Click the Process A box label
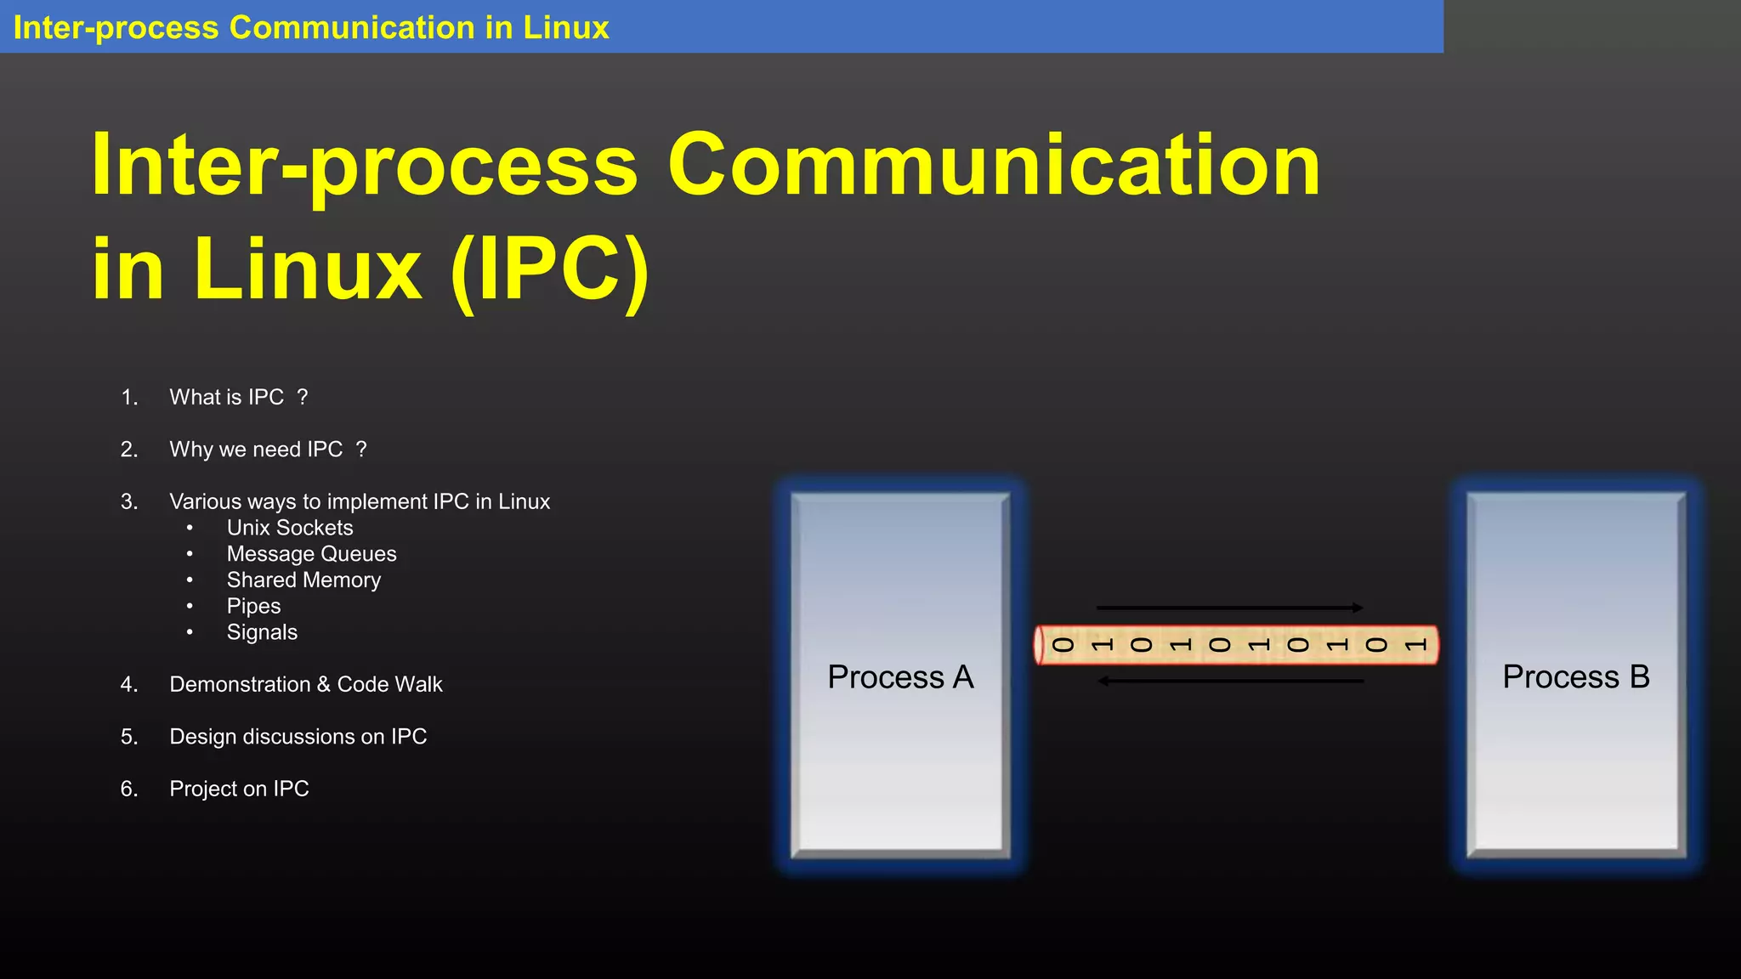[x=900, y=677]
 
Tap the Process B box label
[x=1576, y=677]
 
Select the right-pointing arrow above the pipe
[x=1229, y=608]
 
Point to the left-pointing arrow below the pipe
[x=1230, y=681]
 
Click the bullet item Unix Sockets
[x=290, y=528]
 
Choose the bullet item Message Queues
[x=311, y=554]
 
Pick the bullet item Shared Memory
[x=303, y=580]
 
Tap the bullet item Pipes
[x=253, y=607]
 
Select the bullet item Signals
[x=262, y=633]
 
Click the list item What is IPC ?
[x=238, y=398]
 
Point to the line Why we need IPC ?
[x=268, y=450]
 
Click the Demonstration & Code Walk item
[x=306, y=685]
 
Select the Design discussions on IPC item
[x=298, y=737]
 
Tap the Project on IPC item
[x=239, y=789]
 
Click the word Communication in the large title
[x=993, y=166]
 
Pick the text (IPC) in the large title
[x=549, y=270]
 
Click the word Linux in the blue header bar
[x=565, y=28]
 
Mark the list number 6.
[x=129, y=789]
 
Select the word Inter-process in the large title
[x=364, y=166]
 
